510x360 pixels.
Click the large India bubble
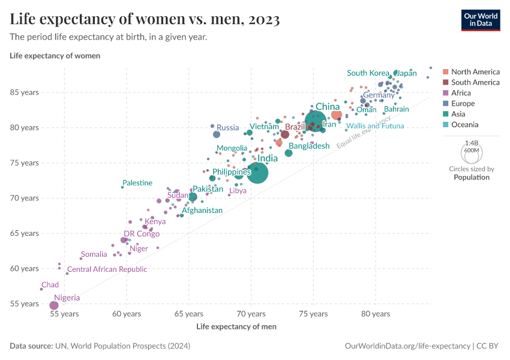[257, 173]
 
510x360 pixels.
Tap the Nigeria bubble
[54, 305]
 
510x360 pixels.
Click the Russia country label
[227, 127]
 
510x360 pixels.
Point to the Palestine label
[137, 183]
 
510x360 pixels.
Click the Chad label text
[50, 285]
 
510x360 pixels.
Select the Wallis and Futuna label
[375, 126]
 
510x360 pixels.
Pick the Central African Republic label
[107, 269]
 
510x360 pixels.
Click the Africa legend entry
[461, 93]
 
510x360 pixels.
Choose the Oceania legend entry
[464, 125]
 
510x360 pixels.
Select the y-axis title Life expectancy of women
[55, 56]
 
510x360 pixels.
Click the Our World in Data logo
[480, 19]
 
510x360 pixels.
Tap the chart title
[145, 19]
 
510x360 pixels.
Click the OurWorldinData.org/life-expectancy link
[407, 346]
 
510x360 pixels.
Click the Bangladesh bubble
[289, 153]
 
